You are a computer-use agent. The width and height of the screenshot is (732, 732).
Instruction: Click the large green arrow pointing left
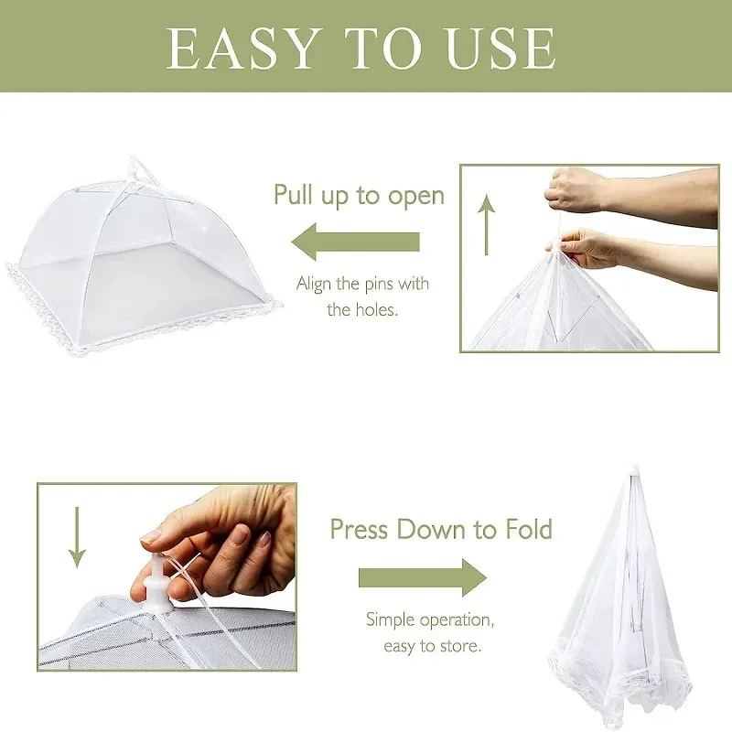(x=355, y=242)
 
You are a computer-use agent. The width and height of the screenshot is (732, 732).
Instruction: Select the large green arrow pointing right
(x=423, y=577)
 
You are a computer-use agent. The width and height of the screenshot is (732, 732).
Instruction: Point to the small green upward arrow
(x=487, y=224)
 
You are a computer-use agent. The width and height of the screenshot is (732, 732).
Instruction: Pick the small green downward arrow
(x=77, y=538)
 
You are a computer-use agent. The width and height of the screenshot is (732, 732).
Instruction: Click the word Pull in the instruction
(x=293, y=194)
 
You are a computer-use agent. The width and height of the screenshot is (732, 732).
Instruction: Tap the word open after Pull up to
(x=416, y=197)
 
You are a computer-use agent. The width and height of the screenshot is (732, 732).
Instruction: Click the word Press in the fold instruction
(x=359, y=529)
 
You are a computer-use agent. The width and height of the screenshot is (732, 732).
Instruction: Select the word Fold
(x=530, y=529)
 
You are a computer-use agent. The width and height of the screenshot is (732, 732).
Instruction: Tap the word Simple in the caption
(x=391, y=620)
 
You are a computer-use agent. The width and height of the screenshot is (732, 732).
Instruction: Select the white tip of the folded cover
(x=632, y=469)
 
